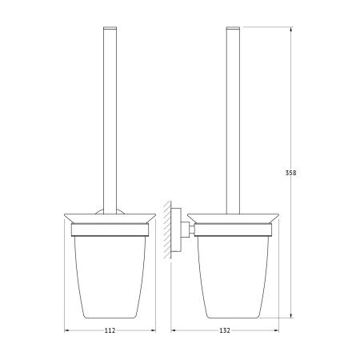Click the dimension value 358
[x=290, y=173]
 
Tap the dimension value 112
[x=110, y=330]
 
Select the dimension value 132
[x=225, y=330]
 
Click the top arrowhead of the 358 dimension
[x=290, y=29]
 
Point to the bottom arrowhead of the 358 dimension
[x=290, y=315]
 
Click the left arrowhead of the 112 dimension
[x=67, y=330]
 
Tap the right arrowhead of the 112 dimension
[x=153, y=330]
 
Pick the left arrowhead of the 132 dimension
[x=174, y=330]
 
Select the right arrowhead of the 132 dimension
[x=276, y=330]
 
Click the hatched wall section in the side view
[x=167, y=230]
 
